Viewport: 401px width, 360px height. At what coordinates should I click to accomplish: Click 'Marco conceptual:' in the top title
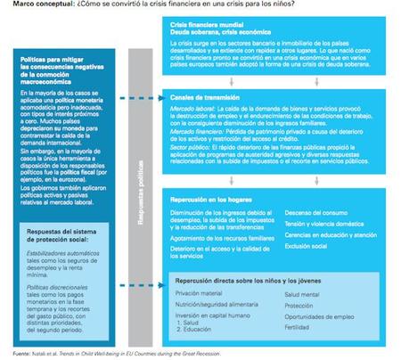(x=24, y=6)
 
